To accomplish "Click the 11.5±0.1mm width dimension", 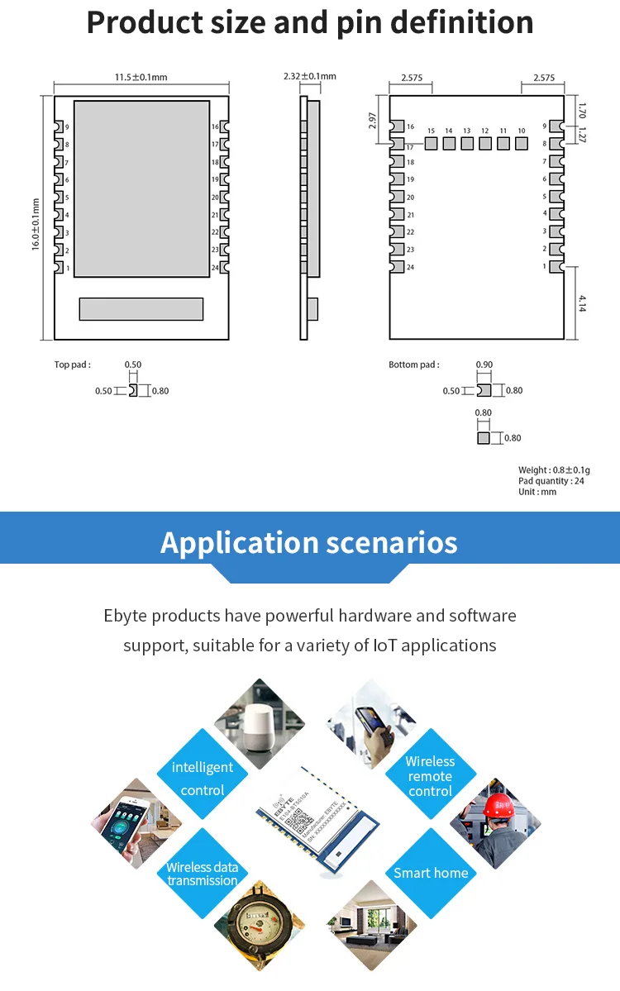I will pyautogui.click(x=141, y=77).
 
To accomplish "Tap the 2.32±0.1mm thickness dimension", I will pyautogui.click(x=309, y=76).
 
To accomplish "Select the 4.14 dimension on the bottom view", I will pyautogui.click(x=582, y=303).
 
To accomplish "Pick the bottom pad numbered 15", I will pyautogui.click(x=431, y=143).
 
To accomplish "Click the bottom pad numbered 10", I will pyautogui.click(x=521, y=143).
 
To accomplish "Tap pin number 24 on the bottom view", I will pyautogui.click(x=396, y=267).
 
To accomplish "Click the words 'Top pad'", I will pyautogui.click(x=72, y=364).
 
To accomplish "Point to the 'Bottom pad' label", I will pyautogui.click(x=413, y=364).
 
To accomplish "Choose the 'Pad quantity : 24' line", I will pyautogui.click(x=551, y=481).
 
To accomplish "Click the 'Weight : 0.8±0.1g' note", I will pyautogui.click(x=551, y=470).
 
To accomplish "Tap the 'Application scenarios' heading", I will pyautogui.click(x=308, y=543).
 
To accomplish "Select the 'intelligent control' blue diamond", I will pyautogui.click(x=203, y=779).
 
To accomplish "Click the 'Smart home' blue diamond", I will pyautogui.click(x=431, y=873).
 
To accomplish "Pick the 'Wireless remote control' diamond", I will pyautogui.click(x=430, y=776).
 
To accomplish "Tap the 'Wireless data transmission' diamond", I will pyautogui.click(x=203, y=874).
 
